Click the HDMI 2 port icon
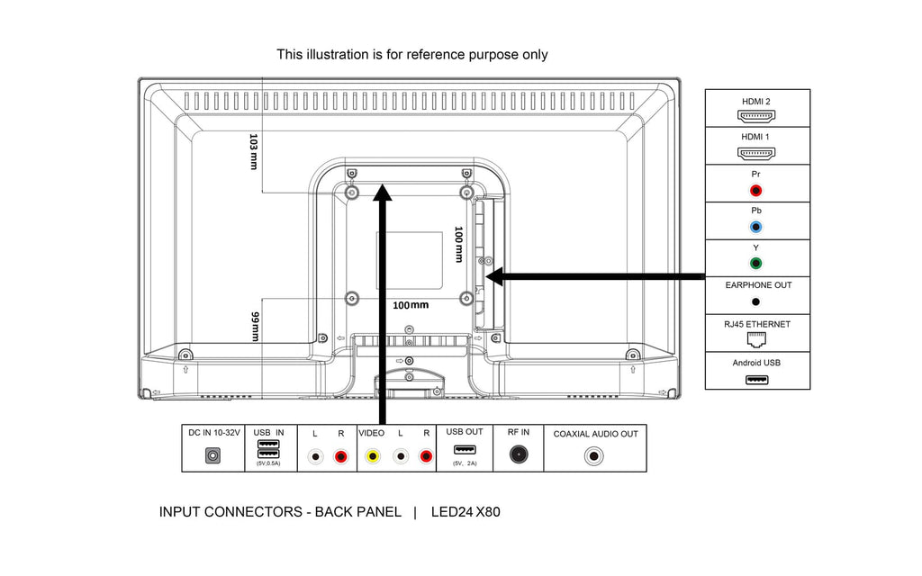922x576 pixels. point(756,116)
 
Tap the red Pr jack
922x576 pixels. point(756,191)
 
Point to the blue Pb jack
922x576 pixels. point(756,228)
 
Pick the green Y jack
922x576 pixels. point(756,265)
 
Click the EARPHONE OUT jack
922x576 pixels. point(756,302)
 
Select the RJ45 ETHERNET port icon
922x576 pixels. point(756,340)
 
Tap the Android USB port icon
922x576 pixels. point(756,379)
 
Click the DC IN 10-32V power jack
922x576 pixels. point(213,456)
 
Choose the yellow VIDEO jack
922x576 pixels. point(372,456)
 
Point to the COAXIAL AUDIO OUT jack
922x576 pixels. point(595,455)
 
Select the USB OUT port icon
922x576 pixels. point(465,450)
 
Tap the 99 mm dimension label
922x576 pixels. point(255,327)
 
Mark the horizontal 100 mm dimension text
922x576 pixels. point(411,305)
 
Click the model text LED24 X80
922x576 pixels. point(466,512)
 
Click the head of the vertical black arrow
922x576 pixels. point(384,193)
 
